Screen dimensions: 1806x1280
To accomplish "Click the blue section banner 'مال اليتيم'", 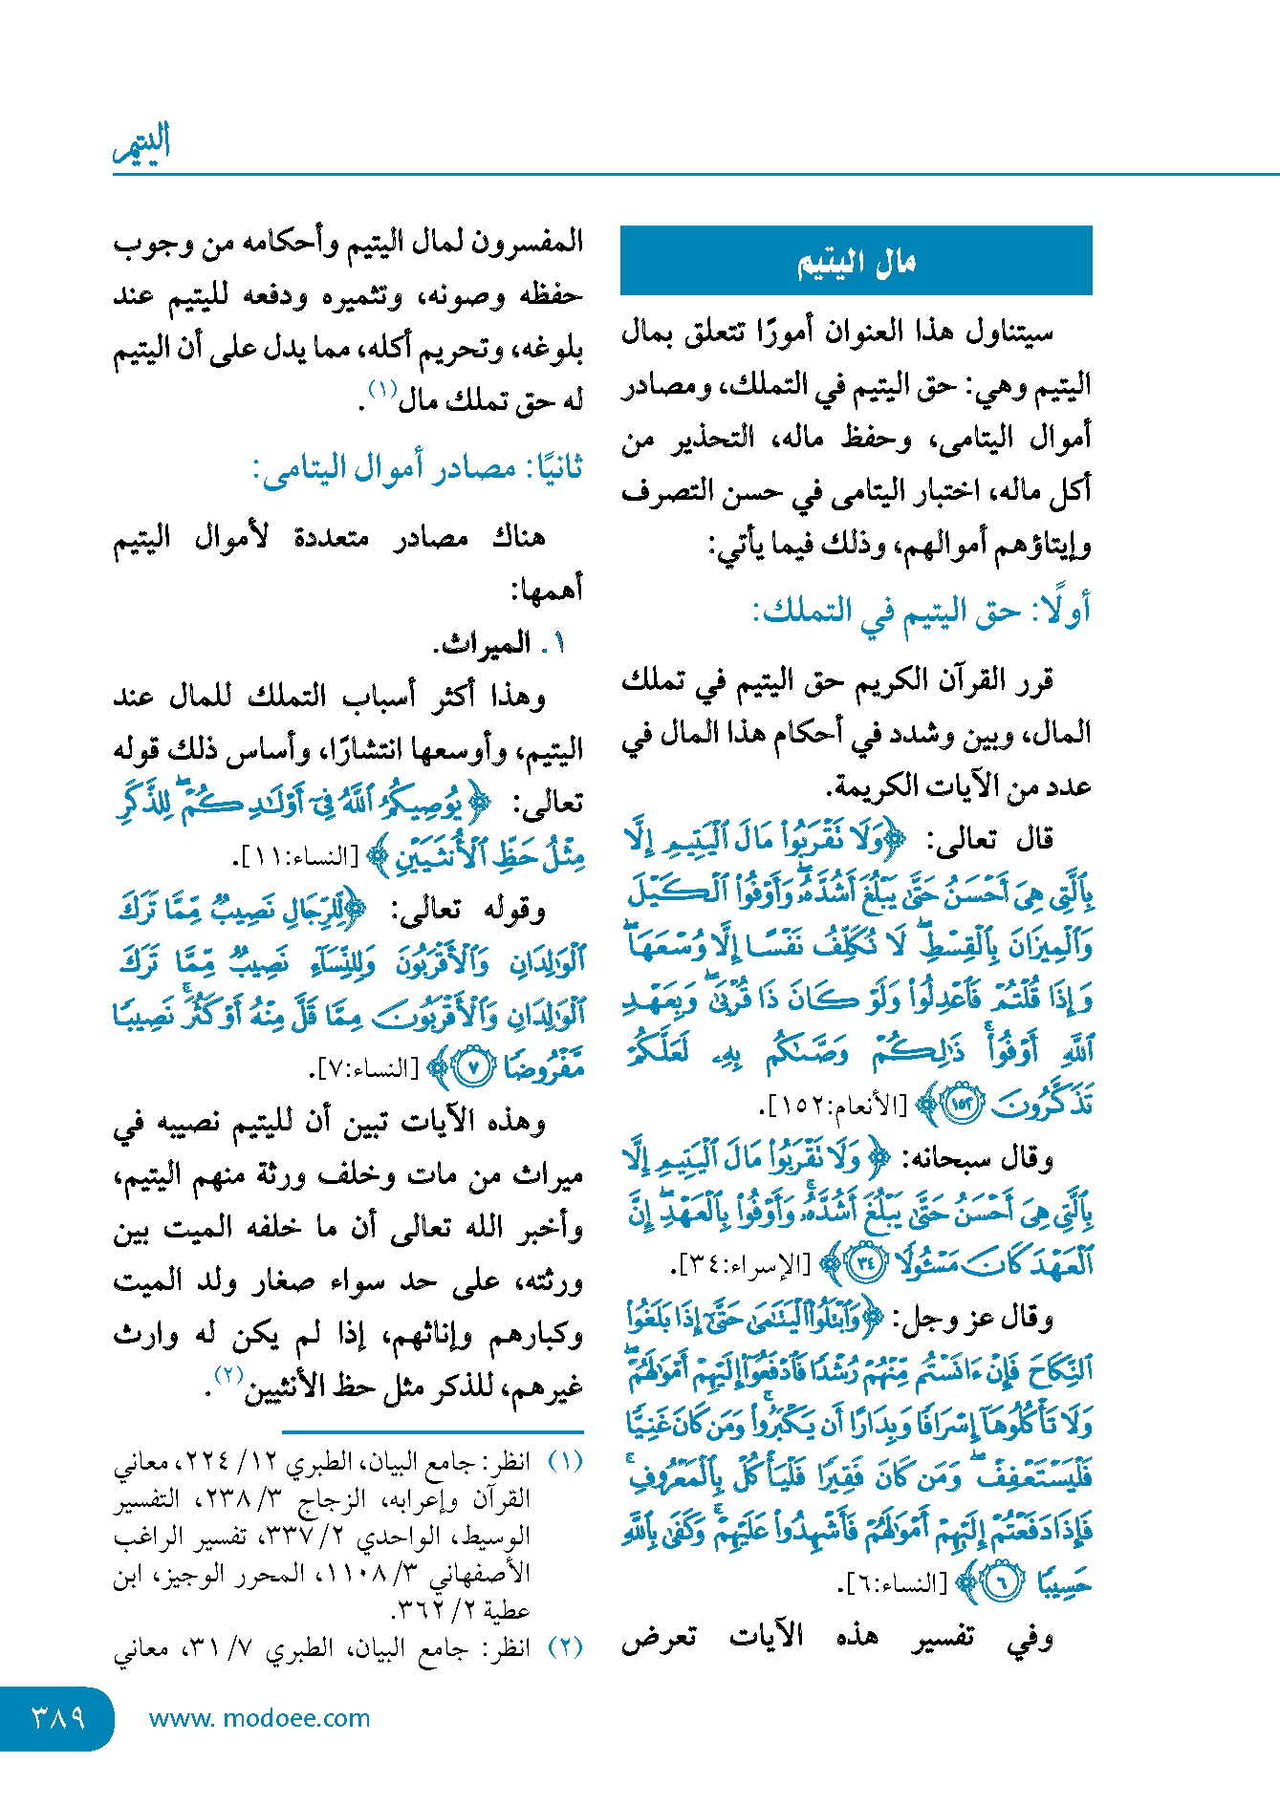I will point(856,261).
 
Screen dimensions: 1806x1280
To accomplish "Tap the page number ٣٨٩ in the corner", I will point(57,1718).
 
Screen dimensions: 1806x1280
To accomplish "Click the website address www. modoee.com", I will point(259,1718).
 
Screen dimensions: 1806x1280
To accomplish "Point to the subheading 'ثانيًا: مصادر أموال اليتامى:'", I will point(418,469).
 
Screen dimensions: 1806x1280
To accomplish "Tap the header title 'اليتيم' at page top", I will point(141,143).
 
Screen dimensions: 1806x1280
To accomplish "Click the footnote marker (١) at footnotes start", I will point(564,1462).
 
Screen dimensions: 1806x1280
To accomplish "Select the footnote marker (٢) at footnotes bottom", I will point(564,1648).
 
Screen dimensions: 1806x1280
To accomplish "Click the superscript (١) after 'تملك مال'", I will point(382,390).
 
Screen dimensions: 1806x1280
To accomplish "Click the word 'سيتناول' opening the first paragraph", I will point(1009,333).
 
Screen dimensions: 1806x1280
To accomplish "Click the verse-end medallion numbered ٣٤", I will point(867,1264).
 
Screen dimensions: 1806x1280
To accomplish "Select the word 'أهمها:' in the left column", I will point(547,591).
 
